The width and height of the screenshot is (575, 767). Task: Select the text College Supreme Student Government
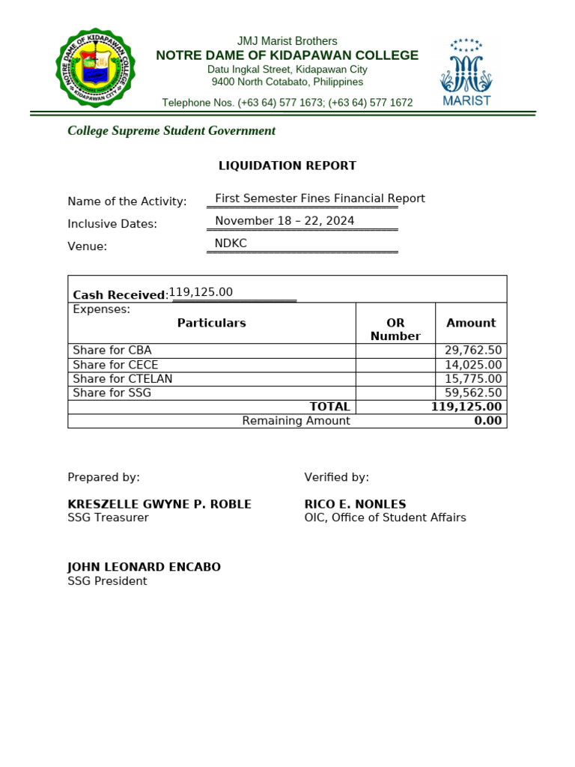click(x=171, y=131)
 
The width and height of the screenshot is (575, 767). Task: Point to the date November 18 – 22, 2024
click(x=285, y=221)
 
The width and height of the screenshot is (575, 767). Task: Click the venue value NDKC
click(x=231, y=243)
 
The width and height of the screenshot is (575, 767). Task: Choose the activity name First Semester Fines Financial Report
click(x=320, y=198)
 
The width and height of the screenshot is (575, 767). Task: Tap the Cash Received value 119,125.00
click(x=201, y=292)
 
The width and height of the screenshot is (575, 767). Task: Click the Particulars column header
click(x=211, y=323)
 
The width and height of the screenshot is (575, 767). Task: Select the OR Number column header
click(x=395, y=330)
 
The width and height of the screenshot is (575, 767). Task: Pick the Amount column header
click(x=471, y=323)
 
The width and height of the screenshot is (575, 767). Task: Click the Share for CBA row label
click(x=112, y=351)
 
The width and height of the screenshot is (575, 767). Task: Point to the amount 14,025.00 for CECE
click(x=473, y=365)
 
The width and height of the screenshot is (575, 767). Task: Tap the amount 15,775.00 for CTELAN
click(x=473, y=379)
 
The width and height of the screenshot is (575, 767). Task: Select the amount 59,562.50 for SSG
click(x=473, y=392)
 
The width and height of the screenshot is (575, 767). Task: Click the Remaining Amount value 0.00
click(x=487, y=421)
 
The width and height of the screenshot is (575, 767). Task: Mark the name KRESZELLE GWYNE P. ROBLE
click(x=159, y=504)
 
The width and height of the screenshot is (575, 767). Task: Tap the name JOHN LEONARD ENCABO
click(x=144, y=567)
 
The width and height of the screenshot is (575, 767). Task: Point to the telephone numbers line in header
click(x=287, y=103)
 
